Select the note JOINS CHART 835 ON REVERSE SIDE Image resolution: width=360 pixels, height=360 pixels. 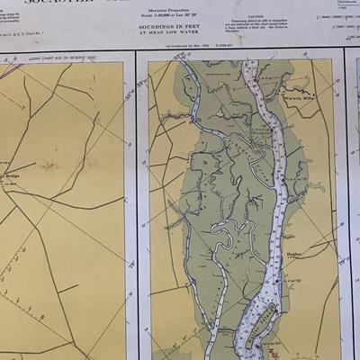point(62,55)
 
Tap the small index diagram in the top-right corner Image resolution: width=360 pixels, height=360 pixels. point(338,13)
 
